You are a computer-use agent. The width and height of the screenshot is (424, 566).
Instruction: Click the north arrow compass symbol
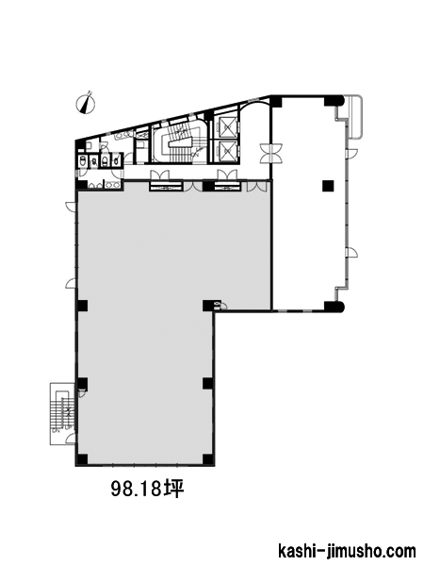tap(86, 103)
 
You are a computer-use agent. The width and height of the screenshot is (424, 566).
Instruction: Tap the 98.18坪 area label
tap(148, 489)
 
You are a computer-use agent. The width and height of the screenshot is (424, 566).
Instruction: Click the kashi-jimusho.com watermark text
tap(347, 551)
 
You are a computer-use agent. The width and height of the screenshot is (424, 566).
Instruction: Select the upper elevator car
tap(227, 126)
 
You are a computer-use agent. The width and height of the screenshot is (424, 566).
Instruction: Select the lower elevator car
tap(227, 150)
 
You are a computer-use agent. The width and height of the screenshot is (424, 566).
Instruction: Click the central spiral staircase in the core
tap(178, 141)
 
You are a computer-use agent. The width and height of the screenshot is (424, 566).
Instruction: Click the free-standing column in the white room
tap(328, 186)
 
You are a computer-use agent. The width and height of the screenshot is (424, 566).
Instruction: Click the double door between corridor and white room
tap(271, 153)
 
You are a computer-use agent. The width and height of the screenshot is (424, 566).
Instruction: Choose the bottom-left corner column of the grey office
tap(82, 459)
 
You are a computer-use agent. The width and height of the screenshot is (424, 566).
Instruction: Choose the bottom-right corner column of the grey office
tap(207, 459)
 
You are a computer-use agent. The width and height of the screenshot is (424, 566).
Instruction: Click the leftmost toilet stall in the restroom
tap(83, 160)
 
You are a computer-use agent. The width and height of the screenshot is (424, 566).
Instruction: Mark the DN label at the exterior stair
tap(56, 430)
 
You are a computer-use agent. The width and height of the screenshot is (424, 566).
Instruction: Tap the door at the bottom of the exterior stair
tap(71, 439)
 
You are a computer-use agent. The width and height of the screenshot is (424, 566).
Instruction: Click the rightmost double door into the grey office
tap(256, 186)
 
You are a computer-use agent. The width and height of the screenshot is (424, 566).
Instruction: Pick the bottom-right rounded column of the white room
tap(334, 306)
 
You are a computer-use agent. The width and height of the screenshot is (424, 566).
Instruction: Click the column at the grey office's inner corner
tap(208, 306)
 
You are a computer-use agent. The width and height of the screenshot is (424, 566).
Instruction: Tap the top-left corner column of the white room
tap(276, 101)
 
